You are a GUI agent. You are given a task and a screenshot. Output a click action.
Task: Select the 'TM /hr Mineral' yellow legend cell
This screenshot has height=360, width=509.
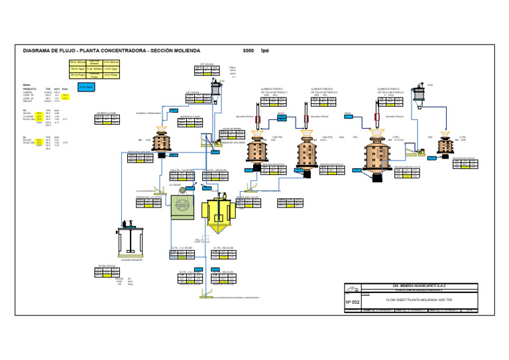(x=78, y=62)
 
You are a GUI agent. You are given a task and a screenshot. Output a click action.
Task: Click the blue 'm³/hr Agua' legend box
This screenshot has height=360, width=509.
(x=85, y=87)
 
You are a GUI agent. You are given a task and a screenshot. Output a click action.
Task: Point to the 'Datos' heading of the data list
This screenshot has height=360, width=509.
(x=27, y=84)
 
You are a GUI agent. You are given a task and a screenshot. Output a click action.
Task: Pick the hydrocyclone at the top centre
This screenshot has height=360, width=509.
(x=215, y=90)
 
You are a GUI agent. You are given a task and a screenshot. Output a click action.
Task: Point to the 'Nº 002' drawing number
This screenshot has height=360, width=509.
(x=352, y=302)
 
